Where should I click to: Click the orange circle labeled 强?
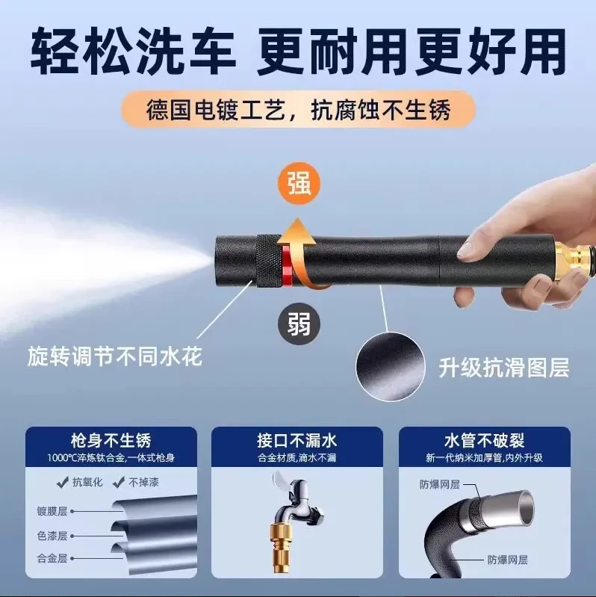coord(299,184)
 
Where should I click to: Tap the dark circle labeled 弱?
coord(299,324)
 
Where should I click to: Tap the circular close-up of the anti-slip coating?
coord(391,366)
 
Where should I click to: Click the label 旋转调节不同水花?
coord(114,356)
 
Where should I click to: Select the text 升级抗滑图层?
coord(503,368)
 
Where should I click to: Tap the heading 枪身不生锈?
coord(111,441)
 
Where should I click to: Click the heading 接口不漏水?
coord(297,441)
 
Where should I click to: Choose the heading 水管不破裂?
coord(485,441)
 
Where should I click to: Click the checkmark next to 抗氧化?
coord(63,483)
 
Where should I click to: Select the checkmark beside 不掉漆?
coord(119,483)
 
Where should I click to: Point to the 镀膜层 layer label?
coord(52,511)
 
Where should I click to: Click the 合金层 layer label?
coord(52,559)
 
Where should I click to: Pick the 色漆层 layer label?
coord(52,536)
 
